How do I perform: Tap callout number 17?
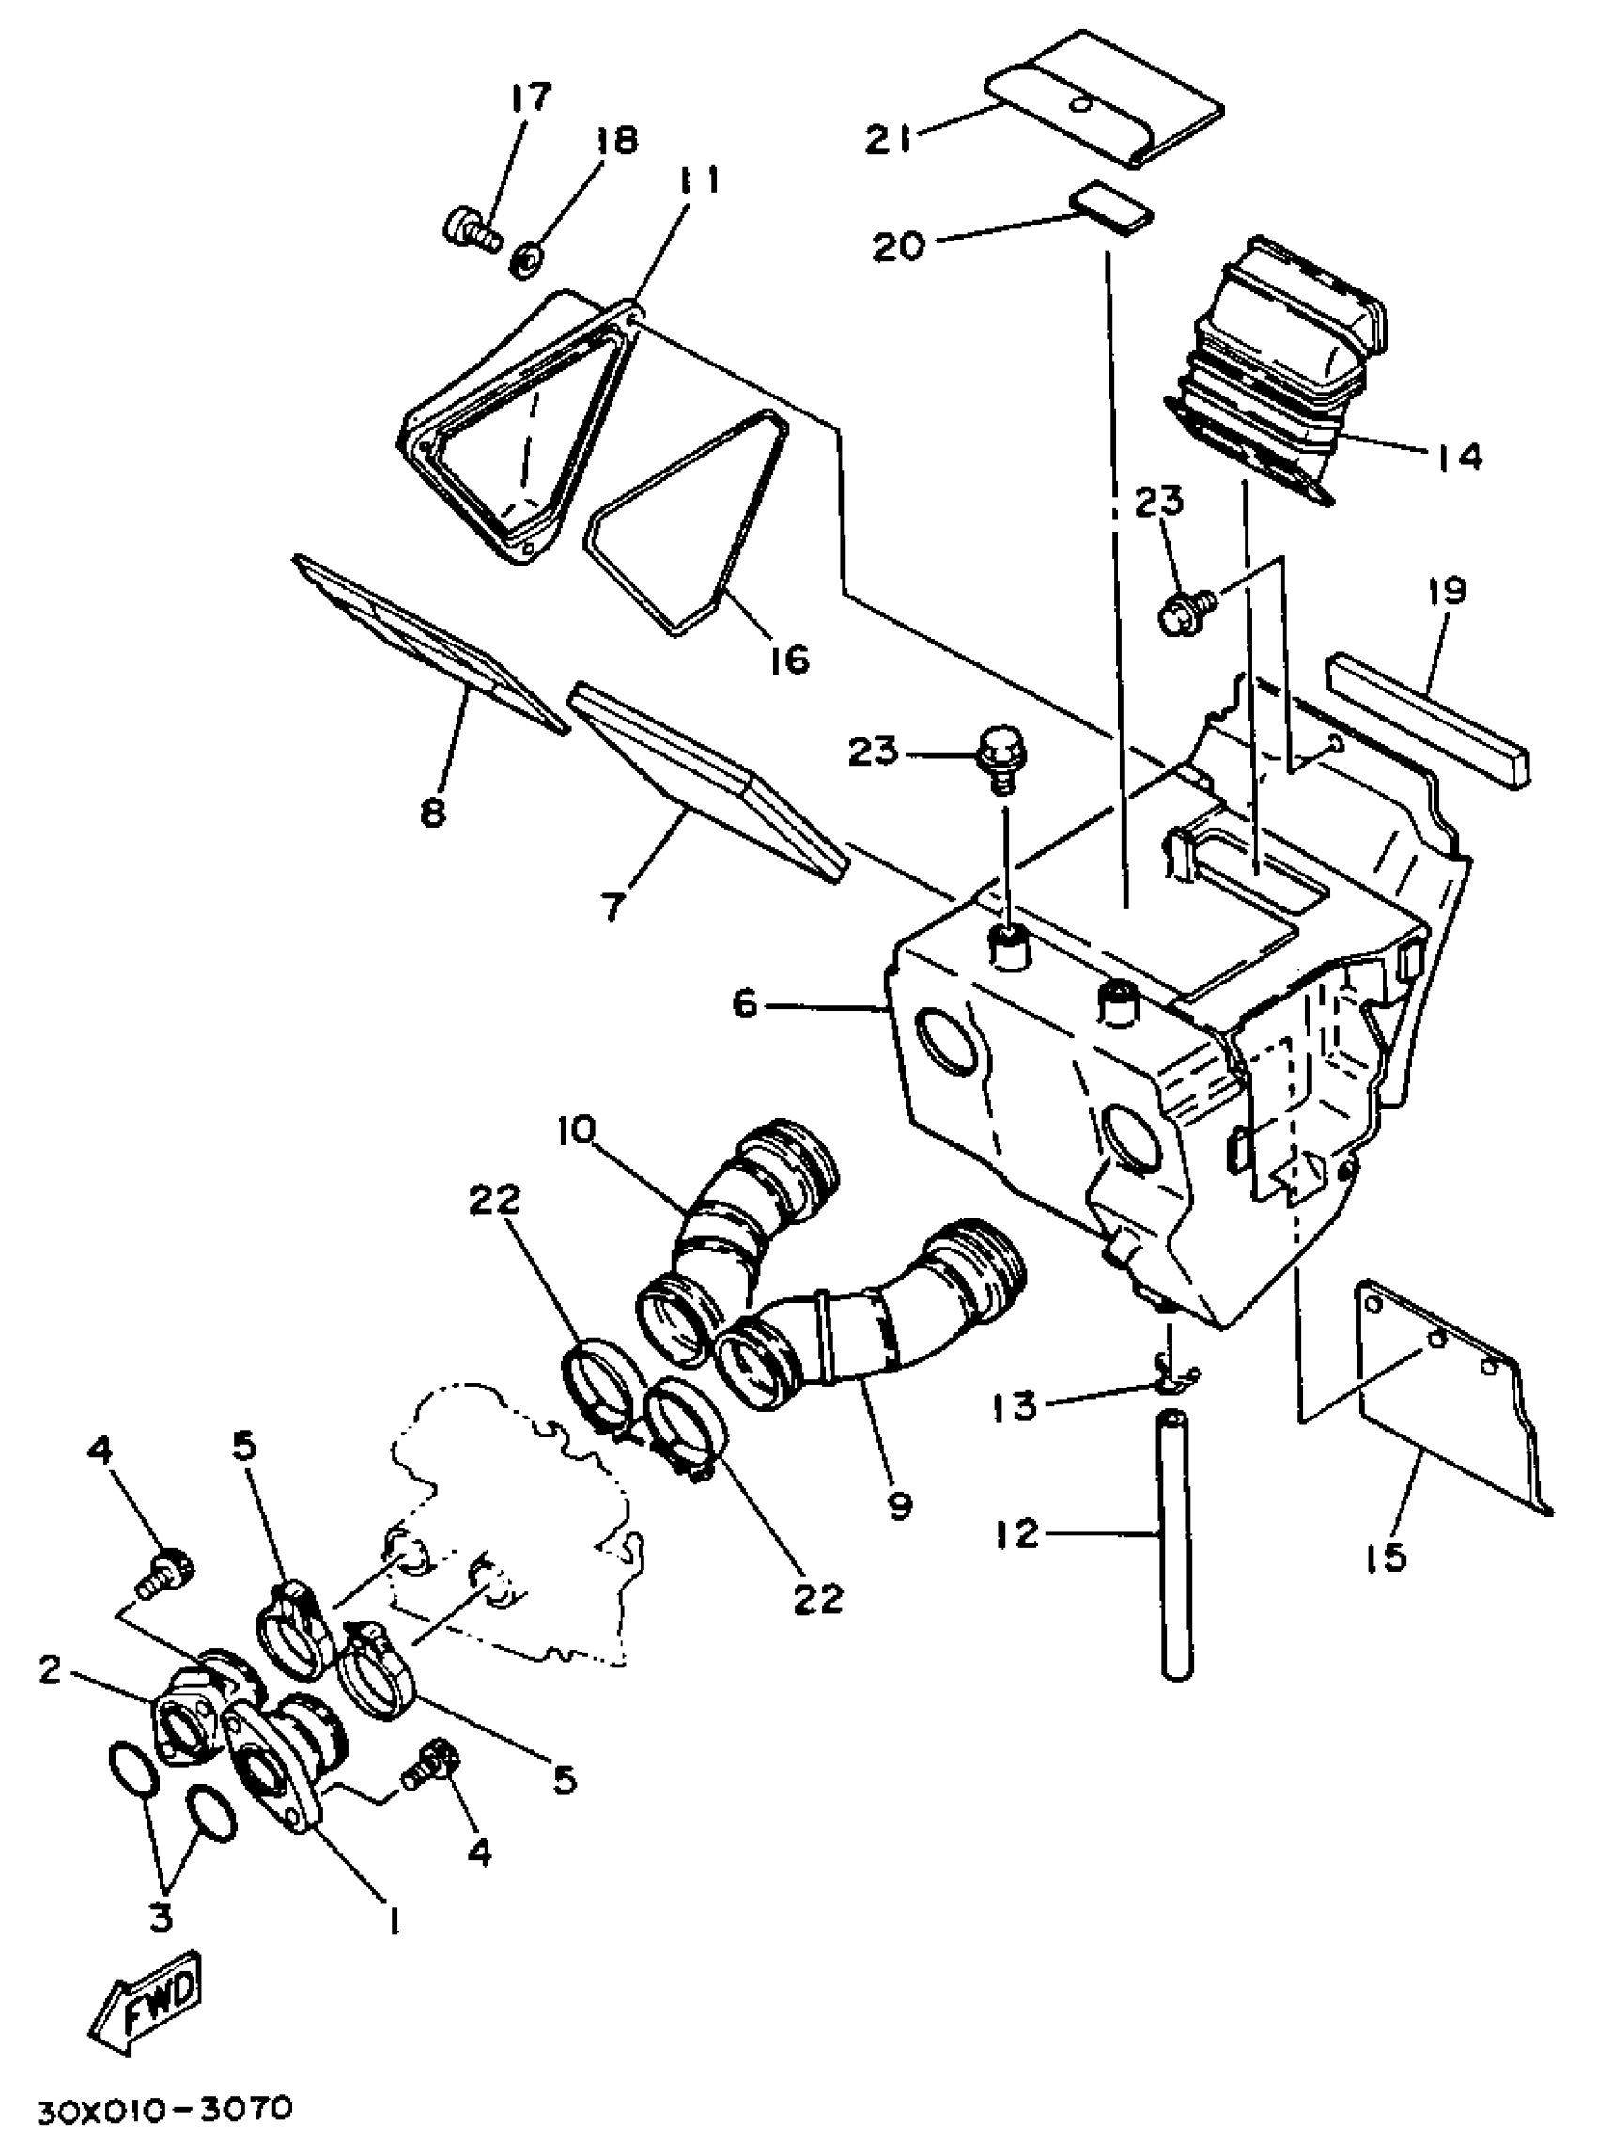529,99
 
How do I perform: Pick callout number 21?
889,141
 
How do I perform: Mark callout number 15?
1388,1558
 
